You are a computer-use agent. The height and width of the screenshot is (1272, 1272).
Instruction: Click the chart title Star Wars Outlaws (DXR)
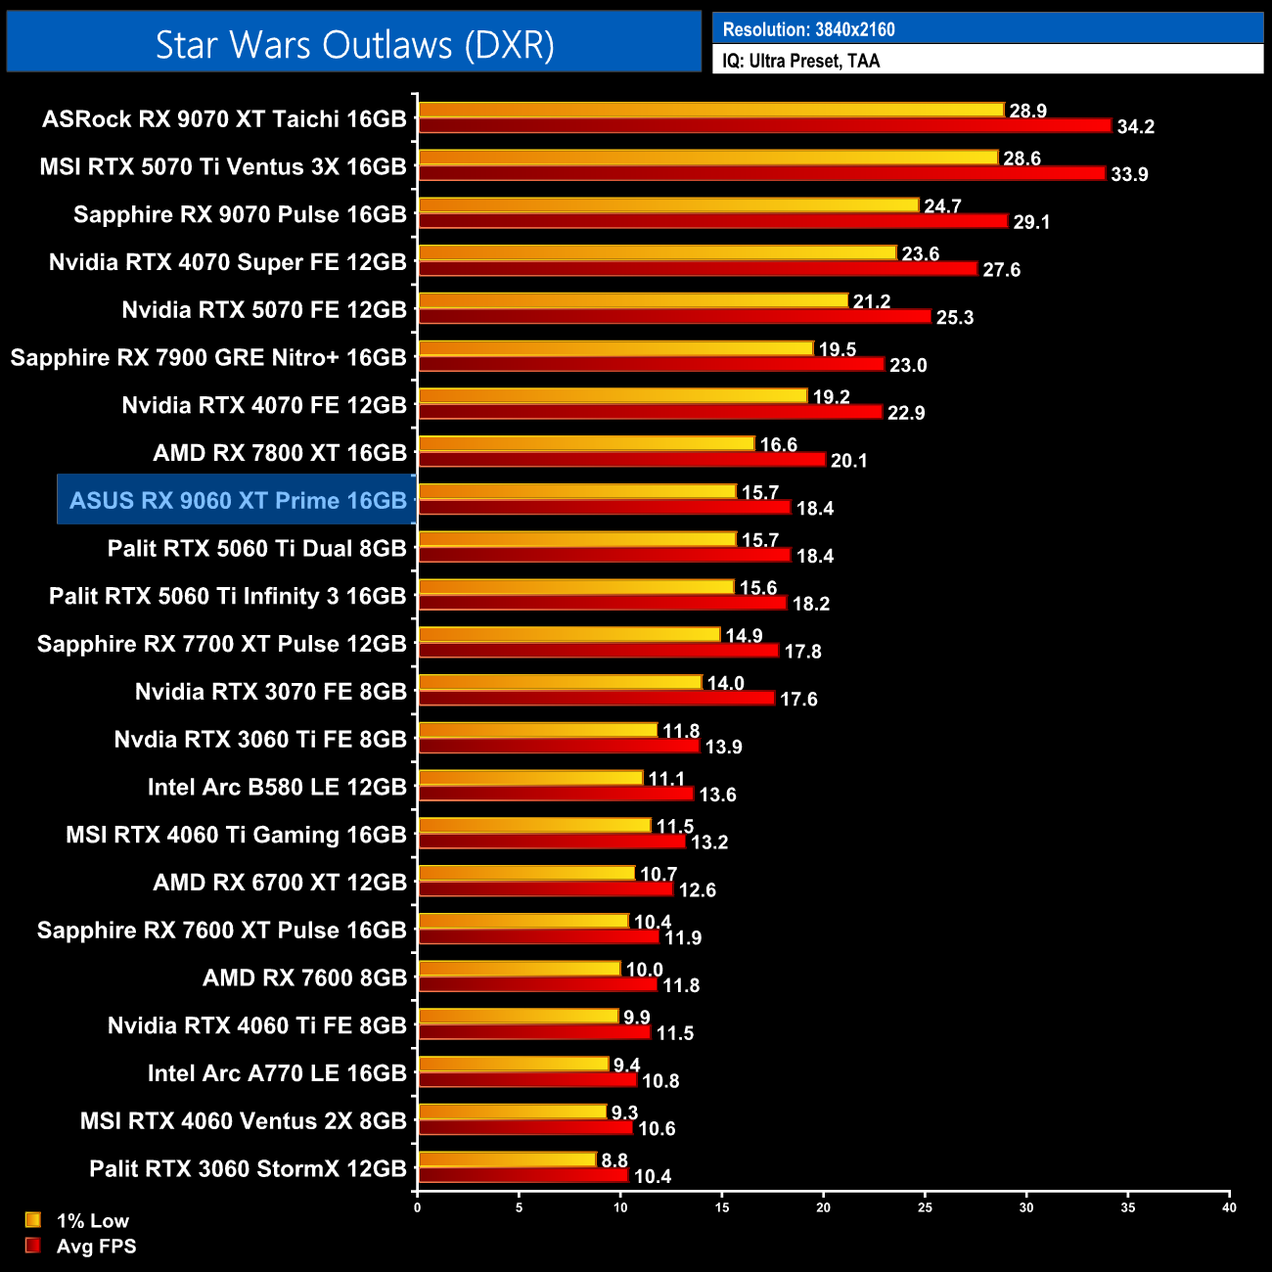[x=354, y=44]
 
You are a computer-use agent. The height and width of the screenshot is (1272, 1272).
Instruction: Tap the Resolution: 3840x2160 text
[x=808, y=29]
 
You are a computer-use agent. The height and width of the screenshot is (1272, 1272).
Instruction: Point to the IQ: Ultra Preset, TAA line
[x=800, y=61]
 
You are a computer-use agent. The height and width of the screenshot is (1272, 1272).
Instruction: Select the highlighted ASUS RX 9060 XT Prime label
[x=238, y=501]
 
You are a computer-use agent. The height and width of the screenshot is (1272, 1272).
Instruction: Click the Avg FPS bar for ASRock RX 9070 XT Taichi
[x=764, y=126]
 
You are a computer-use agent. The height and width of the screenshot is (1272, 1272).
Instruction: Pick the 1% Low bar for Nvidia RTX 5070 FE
[x=632, y=300]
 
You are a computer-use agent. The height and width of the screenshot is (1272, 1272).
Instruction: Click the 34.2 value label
[x=1135, y=127]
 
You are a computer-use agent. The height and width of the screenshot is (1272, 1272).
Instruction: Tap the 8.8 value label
[x=614, y=1160]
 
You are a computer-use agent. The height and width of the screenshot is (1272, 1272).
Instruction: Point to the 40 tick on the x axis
[x=1229, y=1207]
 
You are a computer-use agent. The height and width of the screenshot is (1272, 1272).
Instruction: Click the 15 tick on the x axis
[x=722, y=1207]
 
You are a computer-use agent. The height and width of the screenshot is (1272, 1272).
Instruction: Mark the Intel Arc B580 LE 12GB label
[x=277, y=788]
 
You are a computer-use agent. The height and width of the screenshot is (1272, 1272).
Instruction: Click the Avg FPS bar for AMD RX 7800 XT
[x=621, y=460]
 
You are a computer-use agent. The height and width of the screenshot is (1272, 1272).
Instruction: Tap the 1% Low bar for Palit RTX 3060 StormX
[x=507, y=1159]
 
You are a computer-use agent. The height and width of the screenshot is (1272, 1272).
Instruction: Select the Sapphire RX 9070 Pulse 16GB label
[x=240, y=215]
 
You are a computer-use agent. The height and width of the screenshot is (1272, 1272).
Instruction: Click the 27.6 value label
[x=1001, y=270]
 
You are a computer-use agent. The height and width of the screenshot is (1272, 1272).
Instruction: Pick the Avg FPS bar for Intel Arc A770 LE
[x=526, y=1080]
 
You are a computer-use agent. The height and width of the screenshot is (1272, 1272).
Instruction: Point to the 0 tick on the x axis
[x=418, y=1207]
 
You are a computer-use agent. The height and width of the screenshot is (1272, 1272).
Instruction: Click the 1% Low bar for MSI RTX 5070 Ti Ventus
[x=707, y=158]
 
